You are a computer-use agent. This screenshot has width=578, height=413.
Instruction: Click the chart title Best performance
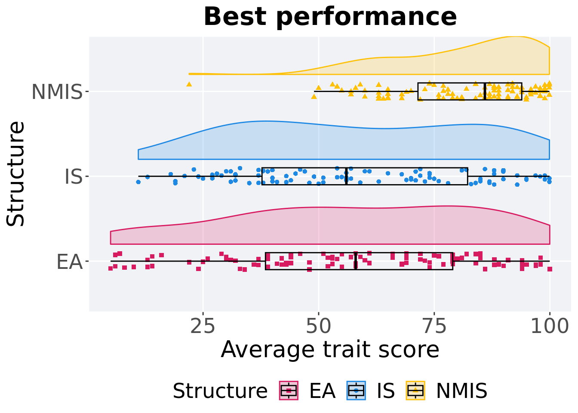coord(330,17)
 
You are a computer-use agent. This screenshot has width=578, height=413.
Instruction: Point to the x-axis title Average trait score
coord(330,349)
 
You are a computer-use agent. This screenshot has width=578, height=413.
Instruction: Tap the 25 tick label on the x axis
coord(203,327)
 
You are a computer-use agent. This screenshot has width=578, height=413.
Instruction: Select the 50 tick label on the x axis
coord(318,327)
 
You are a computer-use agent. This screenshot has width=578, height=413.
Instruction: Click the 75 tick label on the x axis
coord(434,327)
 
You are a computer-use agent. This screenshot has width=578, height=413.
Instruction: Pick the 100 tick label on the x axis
coord(549,327)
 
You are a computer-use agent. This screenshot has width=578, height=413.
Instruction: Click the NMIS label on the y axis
coord(57,92)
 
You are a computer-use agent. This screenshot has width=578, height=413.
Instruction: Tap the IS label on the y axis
coord(73,177)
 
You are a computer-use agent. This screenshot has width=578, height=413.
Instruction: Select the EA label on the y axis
coord(69,262)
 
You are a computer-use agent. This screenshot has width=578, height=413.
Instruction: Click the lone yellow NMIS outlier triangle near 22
coord(189,84)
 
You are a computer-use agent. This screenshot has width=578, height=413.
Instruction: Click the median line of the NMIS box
coord(485,91)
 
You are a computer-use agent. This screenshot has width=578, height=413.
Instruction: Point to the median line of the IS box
coord(346,176)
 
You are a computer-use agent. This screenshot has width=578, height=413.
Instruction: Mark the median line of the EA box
coord(356,261)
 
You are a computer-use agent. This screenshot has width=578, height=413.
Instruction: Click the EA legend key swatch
coord(289,391)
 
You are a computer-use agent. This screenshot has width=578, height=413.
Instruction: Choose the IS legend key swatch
coord(356,391)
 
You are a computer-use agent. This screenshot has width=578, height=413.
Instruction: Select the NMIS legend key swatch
coord(415,391)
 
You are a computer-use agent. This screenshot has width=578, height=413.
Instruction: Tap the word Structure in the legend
coord(220,391)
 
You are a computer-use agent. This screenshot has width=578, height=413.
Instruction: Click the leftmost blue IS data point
coord(138,182)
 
